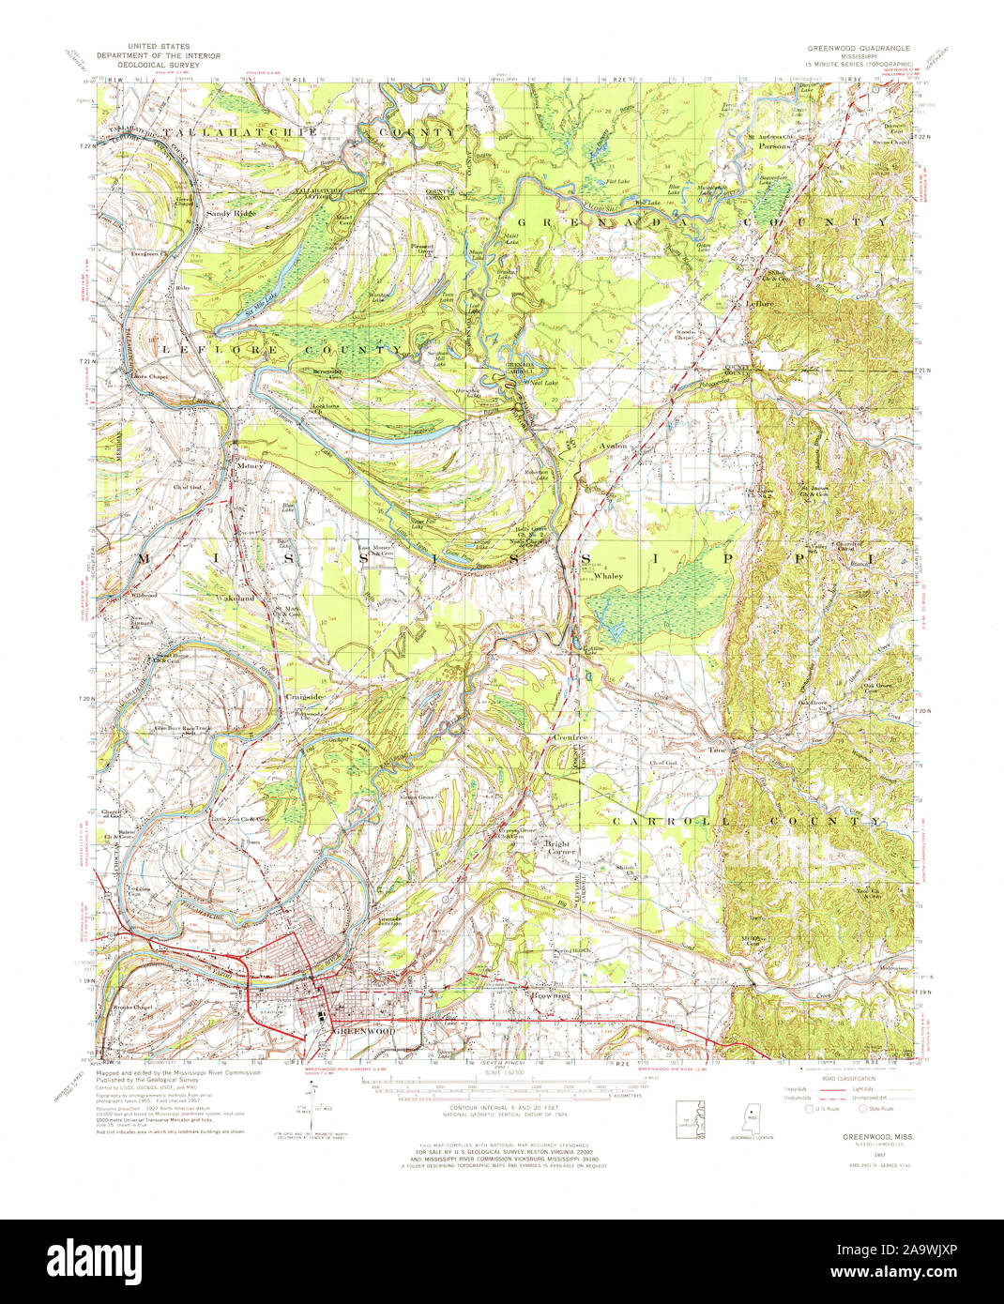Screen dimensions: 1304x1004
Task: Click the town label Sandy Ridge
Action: tap(231, 214)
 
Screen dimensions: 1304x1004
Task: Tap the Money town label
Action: tap(251, 464)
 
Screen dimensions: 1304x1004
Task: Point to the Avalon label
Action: tap(616, 447)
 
